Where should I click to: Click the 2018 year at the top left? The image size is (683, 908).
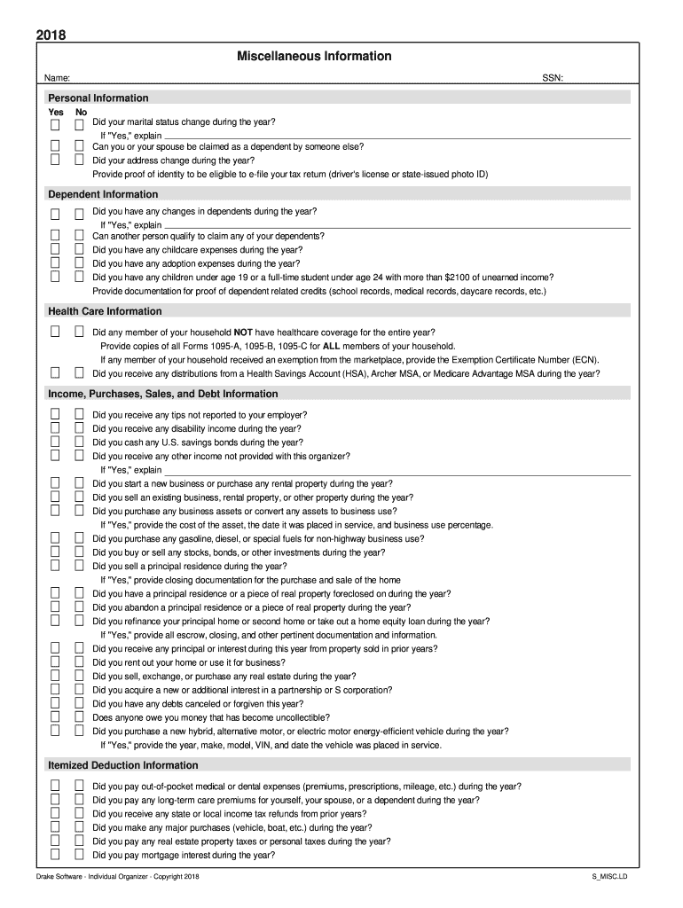pos(51,35)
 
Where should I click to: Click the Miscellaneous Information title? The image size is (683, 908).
pos(314,57)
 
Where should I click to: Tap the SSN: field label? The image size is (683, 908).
pos(553,79)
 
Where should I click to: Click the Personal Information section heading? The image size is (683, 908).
pos(98,98)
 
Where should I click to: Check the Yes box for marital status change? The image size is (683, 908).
pos(55,122)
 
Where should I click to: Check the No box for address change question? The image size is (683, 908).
pos(78,160)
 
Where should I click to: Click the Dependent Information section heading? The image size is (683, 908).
pos(103,194)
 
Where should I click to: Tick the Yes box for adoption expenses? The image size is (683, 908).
pos(55,263)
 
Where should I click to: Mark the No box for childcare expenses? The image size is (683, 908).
pos(78,250)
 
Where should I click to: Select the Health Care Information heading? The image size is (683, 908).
pos(105,311)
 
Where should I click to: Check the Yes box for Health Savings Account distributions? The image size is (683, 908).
pos(55,373)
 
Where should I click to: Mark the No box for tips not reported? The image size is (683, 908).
pos(78,414)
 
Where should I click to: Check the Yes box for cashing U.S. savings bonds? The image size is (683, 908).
pos(55,442)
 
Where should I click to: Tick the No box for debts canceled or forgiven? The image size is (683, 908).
pos(78,703)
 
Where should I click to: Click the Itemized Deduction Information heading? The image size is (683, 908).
pos(123,765)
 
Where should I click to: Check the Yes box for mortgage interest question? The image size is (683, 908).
pos(55,855)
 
